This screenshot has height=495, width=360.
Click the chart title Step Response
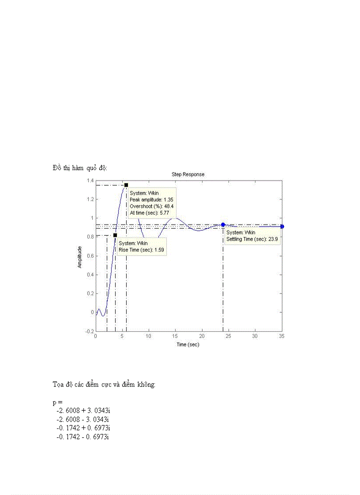[188, 175]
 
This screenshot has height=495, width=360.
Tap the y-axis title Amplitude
[80, 257]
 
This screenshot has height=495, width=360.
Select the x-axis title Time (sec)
[188, 344]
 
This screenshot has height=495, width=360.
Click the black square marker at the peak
[126, 185]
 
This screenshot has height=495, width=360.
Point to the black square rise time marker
[115, 235]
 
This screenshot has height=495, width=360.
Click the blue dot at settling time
[223, 225]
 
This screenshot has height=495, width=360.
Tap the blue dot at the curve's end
[282, 227]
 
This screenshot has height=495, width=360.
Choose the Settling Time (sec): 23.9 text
[252, 239]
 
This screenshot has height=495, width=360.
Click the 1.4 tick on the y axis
[90, 181]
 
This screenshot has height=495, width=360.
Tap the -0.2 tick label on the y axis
[89, 331]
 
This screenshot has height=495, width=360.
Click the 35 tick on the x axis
[281, 336]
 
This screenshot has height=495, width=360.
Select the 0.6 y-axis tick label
[90, 256]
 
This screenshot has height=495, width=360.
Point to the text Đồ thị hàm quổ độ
[79, 168]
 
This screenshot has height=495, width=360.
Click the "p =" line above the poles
[57, 402]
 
